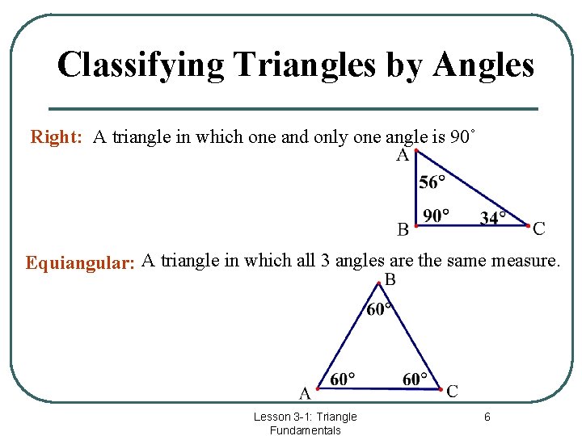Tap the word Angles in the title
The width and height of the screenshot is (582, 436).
483,65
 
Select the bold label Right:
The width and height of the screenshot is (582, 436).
57,137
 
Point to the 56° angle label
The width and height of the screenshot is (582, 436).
432,182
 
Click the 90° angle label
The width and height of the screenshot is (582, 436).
436,216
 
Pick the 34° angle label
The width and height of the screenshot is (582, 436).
493,217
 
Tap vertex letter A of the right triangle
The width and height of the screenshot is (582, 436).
402,156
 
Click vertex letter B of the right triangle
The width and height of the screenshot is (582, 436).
403,230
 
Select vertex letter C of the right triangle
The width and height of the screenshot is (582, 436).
539,229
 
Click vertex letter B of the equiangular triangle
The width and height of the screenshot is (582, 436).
390,280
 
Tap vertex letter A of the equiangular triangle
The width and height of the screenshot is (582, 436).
305,393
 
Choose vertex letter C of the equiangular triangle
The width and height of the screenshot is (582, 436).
452,392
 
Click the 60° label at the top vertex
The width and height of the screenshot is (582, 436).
380,309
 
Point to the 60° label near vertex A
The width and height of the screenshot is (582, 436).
343,379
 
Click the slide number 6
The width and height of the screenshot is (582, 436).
487,417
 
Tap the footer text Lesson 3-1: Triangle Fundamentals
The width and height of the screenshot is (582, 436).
305,423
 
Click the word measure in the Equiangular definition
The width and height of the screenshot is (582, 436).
524,261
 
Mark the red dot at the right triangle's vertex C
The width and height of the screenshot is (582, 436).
528,225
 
